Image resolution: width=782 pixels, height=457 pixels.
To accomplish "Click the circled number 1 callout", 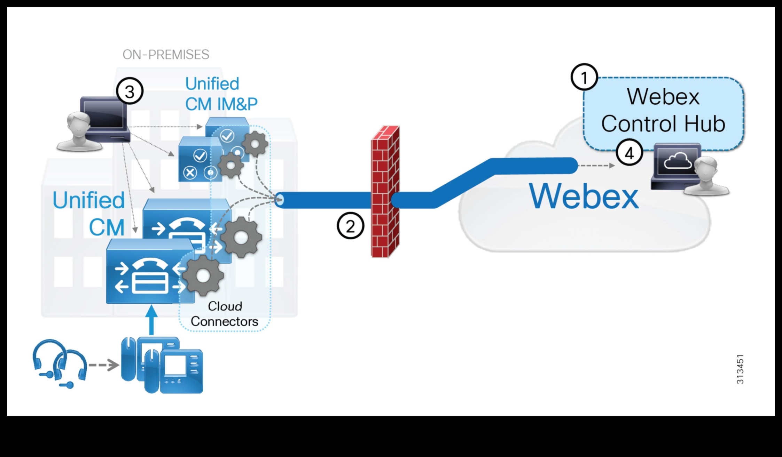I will point(584,77).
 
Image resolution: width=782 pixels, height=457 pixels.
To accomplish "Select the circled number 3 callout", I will point(130,91).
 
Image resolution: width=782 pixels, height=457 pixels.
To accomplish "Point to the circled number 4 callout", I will point(629,153).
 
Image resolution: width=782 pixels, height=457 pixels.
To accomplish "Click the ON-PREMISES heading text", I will point(166,55).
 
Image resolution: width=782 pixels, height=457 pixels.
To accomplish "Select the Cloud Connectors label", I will point(225,314).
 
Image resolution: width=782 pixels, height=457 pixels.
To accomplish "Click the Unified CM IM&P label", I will point(221,94).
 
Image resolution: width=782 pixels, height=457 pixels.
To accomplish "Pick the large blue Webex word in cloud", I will point(584,196).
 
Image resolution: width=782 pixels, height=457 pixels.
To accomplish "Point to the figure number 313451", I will point(740,369).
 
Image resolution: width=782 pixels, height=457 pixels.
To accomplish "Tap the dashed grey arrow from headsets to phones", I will point(103,365).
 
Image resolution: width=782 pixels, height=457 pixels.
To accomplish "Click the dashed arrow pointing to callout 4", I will point(596,166).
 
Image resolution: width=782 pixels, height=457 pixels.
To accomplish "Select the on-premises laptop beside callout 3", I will point(104,118).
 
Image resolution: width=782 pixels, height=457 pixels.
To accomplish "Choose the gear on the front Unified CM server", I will point(203,276).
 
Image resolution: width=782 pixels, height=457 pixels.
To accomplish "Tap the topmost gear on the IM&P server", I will point(255,143).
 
